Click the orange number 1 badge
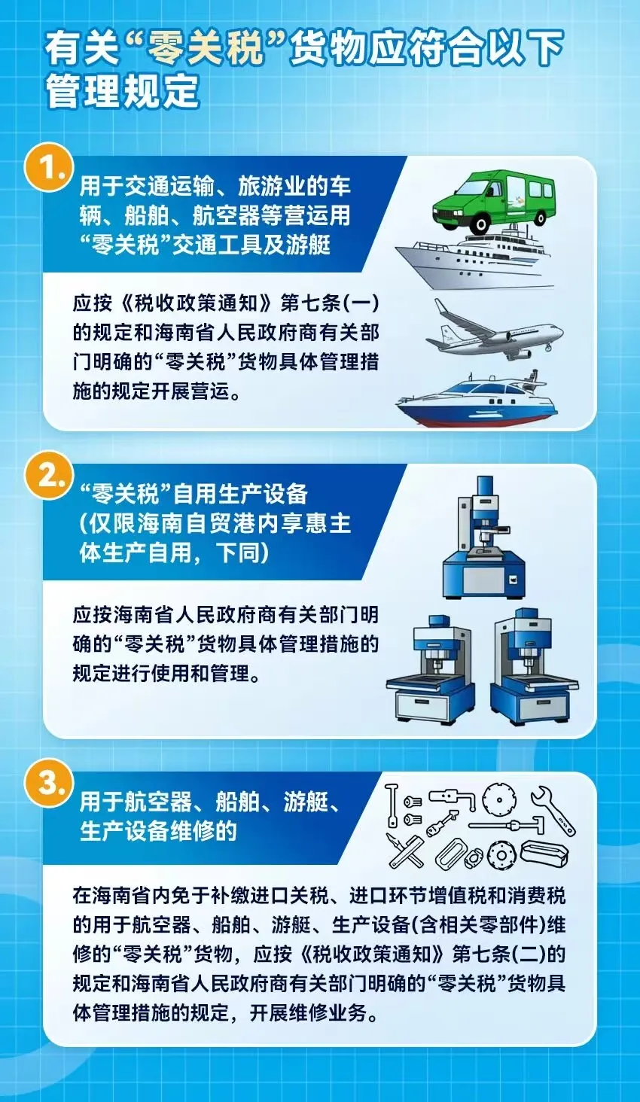pos(48,171)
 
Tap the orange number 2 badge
pos(48,477)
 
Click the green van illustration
pos(493,201)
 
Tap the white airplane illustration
pos(495,329)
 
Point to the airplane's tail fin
pos(446,309)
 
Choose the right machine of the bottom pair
pos(535,667)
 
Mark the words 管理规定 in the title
pos(123,90)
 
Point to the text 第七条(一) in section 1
pos(330,303)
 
